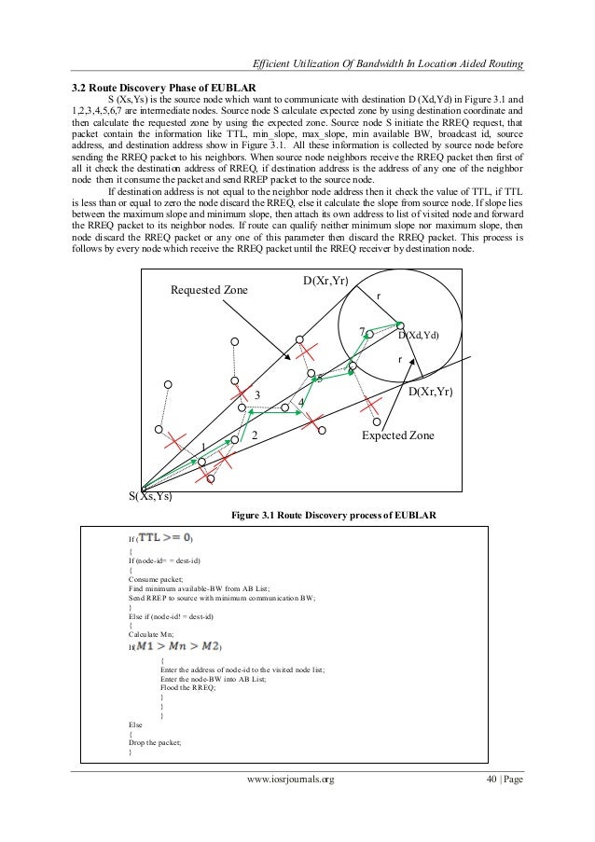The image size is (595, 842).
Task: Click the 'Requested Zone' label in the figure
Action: tap(209, 290)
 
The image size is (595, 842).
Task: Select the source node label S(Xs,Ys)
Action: tap(150, 496)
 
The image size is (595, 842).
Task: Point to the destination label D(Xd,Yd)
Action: tap(418, 335)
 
